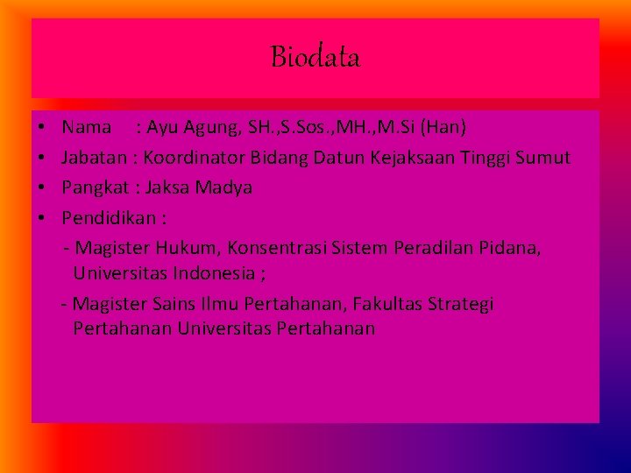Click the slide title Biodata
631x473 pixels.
pos(315,58)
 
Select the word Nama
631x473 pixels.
pos(87,128)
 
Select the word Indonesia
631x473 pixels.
pos(211,273)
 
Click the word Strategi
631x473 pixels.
pos(462,305)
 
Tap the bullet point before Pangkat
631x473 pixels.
pos(43,188)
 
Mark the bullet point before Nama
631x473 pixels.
pos(43,128)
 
